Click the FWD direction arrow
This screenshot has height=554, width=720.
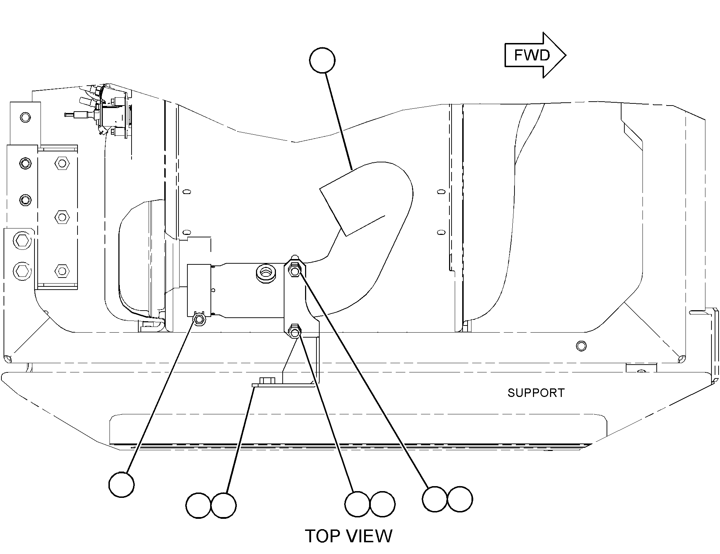coord(535,55)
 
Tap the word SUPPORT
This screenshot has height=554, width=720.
coord(536,393)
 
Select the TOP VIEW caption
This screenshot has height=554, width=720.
coord(349,536)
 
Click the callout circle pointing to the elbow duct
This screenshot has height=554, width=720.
coord(322,60)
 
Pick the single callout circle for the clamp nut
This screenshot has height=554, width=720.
coord(122,484)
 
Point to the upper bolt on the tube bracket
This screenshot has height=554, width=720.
coord(295,271)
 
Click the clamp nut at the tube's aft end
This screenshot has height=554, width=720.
coord(199,319)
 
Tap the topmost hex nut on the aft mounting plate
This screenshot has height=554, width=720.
coord(62,163)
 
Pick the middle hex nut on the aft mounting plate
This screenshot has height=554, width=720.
coord(62,216)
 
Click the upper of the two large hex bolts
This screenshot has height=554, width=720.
coord(22,241)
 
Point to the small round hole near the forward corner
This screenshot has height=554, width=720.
coord(581,345)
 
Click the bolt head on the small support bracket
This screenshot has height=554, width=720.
coord(267,380)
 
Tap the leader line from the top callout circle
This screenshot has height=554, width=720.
coord(338,121)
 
